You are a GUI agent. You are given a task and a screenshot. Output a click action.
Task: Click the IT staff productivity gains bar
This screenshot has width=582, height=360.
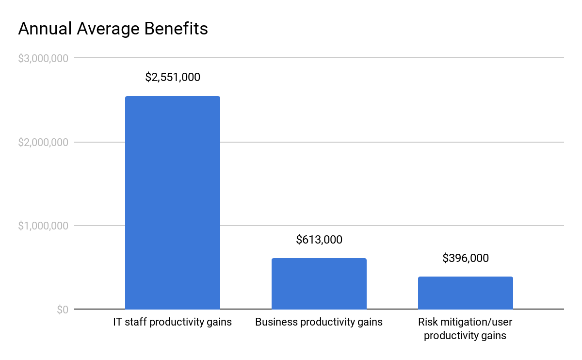[x=172, y=203]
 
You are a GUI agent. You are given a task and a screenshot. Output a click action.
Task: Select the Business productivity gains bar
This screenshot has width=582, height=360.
[x=319, y=284]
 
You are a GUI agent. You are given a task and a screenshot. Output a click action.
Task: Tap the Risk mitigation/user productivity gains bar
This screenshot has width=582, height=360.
[x=465, y=293]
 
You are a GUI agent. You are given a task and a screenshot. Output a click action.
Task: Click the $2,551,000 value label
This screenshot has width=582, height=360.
[x=173, y=77]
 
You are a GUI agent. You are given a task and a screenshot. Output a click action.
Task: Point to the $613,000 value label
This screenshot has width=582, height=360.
[x=319, y=240]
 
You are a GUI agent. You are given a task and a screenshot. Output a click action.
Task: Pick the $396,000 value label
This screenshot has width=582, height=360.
[x=466, y=258]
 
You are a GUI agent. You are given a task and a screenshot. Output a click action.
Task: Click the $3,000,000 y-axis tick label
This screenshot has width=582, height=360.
[x=43, y=58]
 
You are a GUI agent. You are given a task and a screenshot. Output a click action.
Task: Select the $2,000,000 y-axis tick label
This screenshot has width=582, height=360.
[x=43, y=142]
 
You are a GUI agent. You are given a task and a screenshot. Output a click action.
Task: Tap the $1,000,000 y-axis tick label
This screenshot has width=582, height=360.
[x=43, y=226]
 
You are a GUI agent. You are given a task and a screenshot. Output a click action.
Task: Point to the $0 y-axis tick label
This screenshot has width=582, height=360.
[x=62, y=310]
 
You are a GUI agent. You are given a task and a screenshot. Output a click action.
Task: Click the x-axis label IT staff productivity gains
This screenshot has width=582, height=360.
[x=172, y=322]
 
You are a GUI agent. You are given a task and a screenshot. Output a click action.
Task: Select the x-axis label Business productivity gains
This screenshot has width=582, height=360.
[x=319, y=322]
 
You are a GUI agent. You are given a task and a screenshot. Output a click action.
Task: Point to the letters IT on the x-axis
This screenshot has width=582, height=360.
[x=117, y=322]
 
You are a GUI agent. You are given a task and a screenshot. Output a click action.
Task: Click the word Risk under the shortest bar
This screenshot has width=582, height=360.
[x=428, y=322]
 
